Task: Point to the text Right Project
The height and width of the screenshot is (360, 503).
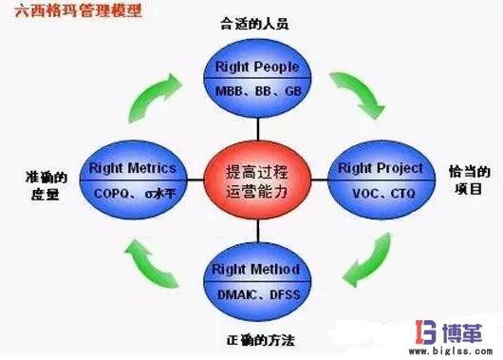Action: click(380, 169)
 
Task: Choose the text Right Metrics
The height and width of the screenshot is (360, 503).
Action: click(132, 169)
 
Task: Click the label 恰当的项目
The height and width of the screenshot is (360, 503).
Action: click(470, 180)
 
